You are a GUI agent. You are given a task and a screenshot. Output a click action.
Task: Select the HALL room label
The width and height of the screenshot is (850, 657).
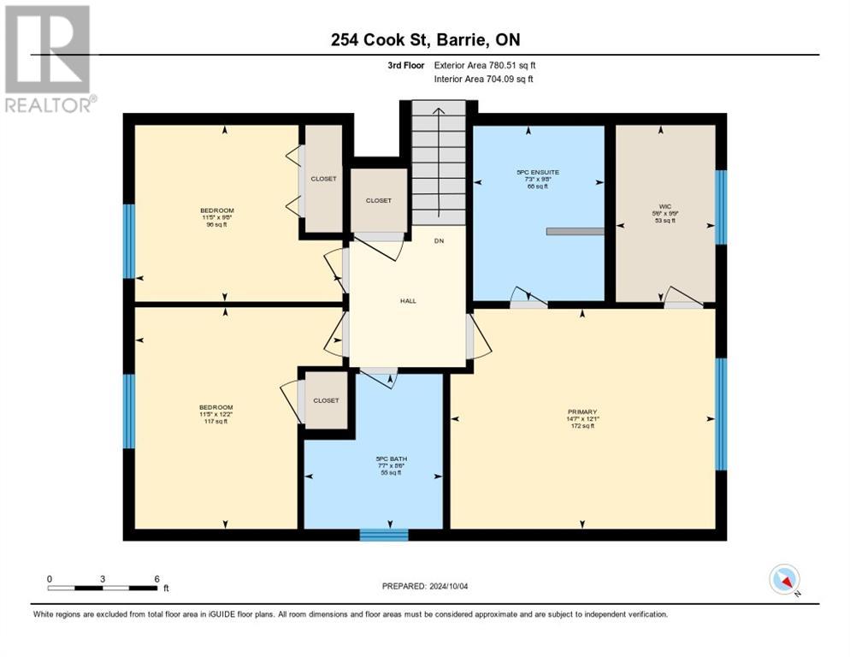tap(409, 300)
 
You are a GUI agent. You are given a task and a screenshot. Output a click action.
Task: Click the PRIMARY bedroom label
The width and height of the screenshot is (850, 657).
tap(581, 416)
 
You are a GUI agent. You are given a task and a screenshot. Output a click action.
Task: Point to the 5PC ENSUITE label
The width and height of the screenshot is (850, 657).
tap(538, 178)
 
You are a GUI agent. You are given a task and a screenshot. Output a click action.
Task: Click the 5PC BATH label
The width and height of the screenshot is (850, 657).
tap(393, 465)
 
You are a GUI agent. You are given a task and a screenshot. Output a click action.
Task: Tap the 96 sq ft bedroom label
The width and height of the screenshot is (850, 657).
tap(216, 216)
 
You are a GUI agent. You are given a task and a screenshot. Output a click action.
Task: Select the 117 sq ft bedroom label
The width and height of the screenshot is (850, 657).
tap(216, 413)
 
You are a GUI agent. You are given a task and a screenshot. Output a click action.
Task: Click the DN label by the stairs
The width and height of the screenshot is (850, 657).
tap(439, 241)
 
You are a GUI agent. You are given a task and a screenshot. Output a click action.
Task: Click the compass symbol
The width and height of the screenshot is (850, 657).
tap(784, 579)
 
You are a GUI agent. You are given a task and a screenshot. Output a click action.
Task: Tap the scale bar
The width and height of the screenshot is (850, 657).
tap(103, 588)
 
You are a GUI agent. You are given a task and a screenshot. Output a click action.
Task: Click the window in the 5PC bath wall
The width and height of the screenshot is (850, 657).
tap(383, 535)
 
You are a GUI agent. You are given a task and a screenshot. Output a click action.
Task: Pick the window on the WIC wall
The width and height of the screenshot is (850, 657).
tap(721, 207)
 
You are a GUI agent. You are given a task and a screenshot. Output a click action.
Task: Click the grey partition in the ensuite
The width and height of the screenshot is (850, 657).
tap(575, 231)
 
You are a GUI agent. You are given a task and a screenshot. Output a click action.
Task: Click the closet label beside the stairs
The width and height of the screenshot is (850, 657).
tap(378, 200)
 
